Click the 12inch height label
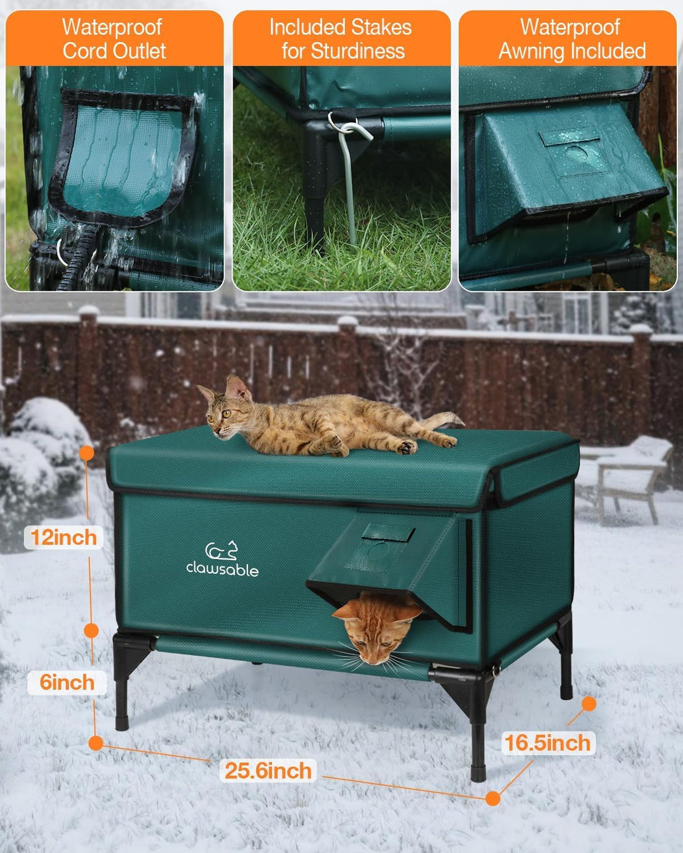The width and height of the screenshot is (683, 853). (63, 537)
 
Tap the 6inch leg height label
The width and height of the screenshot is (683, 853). (67, 682)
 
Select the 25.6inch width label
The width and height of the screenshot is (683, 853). (268, 771)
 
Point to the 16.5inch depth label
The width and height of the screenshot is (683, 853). (547, 743)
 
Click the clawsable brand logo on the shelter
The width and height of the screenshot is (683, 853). (222, 560)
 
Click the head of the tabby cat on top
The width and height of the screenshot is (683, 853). (225, 406)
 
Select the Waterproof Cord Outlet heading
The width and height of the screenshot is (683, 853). (114, 39)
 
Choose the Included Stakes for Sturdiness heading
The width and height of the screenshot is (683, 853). (341, 39)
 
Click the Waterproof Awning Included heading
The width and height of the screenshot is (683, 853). (571, 39)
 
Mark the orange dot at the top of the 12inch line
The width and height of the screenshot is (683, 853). (87, 453)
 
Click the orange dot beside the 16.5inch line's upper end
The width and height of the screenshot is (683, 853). (589, 703)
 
